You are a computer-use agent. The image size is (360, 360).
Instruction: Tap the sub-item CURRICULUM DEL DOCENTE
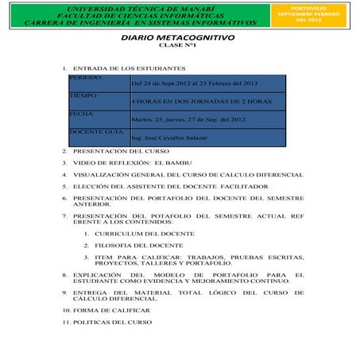tap(144, 234)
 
